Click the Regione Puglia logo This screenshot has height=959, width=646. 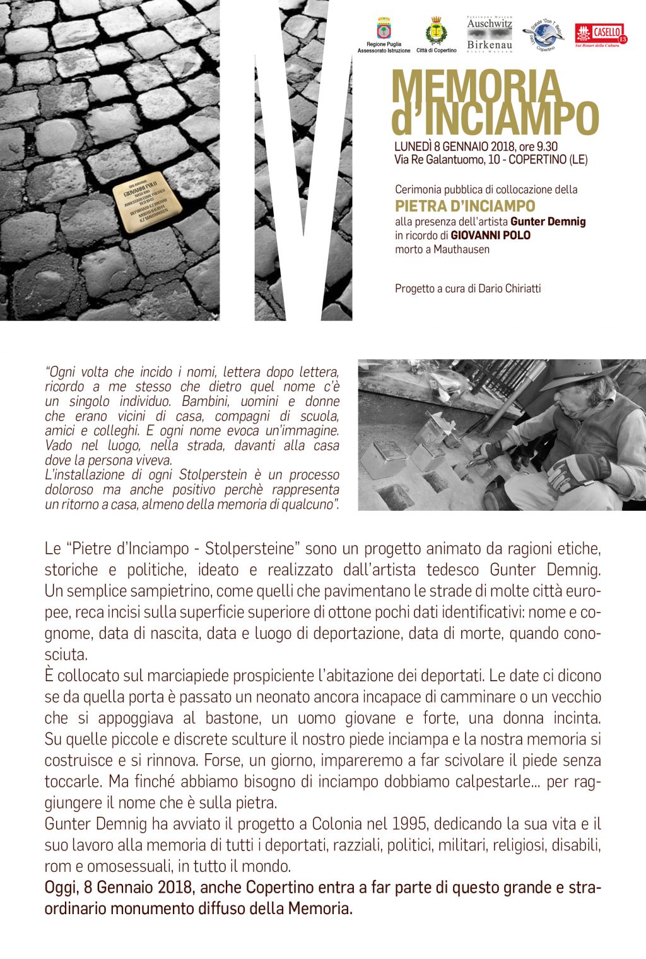click(x=384, y=32)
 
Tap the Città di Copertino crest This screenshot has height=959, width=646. click(x=435, y=31)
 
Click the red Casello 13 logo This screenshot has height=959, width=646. click(x=601, y=34)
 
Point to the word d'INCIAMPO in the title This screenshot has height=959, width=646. click(x=495, y=117)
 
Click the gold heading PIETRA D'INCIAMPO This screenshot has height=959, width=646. click(x=465, y=206)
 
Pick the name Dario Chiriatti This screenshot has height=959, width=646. click(x=510, y=289)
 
